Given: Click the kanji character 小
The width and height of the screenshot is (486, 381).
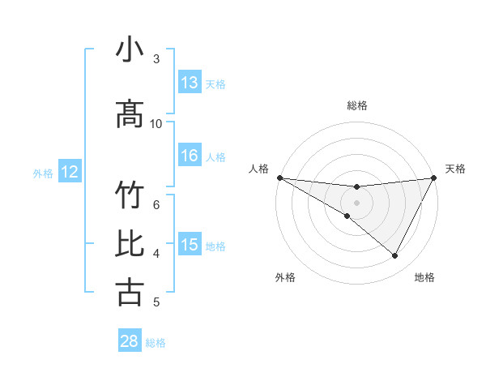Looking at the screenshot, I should pos(130,50).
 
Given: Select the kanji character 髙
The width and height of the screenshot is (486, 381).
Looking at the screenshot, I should pos(130,114).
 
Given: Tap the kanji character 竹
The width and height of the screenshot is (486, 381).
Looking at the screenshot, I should pos(130,196).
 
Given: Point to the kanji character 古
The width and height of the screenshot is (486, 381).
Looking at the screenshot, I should pos(130,292).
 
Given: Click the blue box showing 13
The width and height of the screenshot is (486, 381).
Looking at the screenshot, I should pos(190,83).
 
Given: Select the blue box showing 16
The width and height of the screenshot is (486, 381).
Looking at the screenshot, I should pos(190,156).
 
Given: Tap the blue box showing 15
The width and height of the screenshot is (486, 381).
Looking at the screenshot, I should pos(190,245).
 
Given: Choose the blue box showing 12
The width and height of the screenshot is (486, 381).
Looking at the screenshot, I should pos(70,172).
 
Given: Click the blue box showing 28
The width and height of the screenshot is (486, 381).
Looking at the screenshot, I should pos(130,341).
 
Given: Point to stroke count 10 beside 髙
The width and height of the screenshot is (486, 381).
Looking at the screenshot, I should pos(156,123).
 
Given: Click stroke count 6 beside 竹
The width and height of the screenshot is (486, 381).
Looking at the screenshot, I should pos(156,204).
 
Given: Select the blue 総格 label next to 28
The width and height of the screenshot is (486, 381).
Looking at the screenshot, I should pos(156,342).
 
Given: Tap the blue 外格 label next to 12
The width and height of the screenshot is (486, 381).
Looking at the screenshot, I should pos(43,173).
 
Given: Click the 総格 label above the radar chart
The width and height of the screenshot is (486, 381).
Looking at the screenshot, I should pos(356,105).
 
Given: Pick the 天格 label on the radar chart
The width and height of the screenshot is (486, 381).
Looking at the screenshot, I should pos(455,169).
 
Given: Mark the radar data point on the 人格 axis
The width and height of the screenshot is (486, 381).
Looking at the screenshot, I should pos(279,178).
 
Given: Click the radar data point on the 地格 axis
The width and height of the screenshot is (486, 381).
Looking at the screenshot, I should pos(395,256).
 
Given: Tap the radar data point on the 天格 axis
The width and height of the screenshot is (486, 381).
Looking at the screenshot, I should pos(433,178).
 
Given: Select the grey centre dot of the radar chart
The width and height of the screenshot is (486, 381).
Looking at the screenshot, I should pos(356,202).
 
